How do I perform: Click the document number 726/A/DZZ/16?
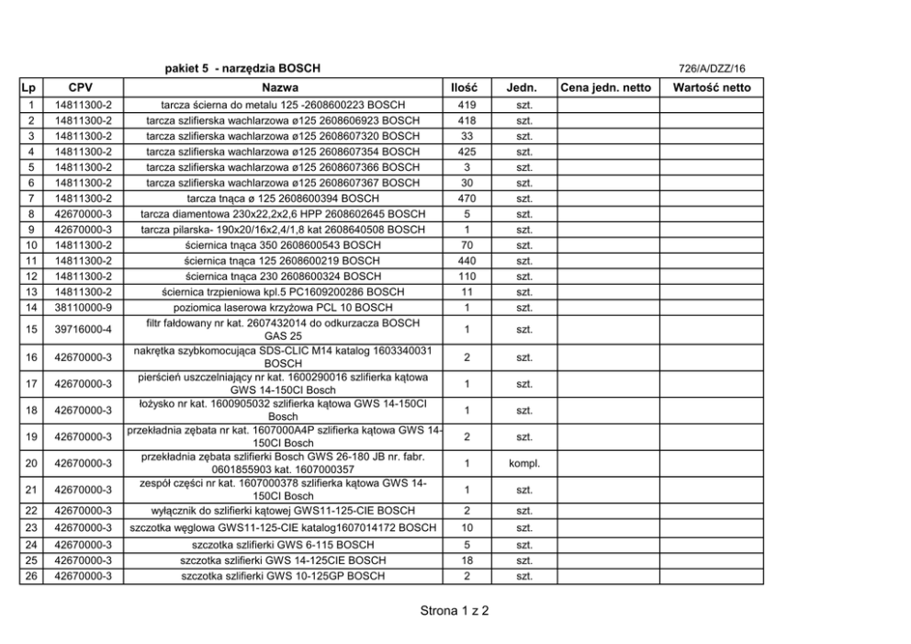click(x=712, y=69)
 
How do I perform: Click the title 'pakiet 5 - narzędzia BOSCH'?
click(x=242, y=69)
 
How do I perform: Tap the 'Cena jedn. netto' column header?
click(x=605, y=87)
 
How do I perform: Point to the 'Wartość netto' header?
click(x=712, y=87)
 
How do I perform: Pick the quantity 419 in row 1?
click(x=467, y=104)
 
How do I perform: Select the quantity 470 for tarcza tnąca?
click(x=467, y=198)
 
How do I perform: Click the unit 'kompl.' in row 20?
click(x=524, y=462)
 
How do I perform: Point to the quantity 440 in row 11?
click(x=467, y=260)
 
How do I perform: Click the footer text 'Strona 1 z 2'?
click(x=455, y=610)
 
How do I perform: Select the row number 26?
click(x=31, y=576)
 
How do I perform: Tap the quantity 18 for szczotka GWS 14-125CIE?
click(x=467, y=560)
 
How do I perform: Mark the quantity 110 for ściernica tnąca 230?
click(x=467, y=276)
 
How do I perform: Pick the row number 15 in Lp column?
click(x=31, y=329)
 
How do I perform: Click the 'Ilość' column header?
click(x=467, y=87)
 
